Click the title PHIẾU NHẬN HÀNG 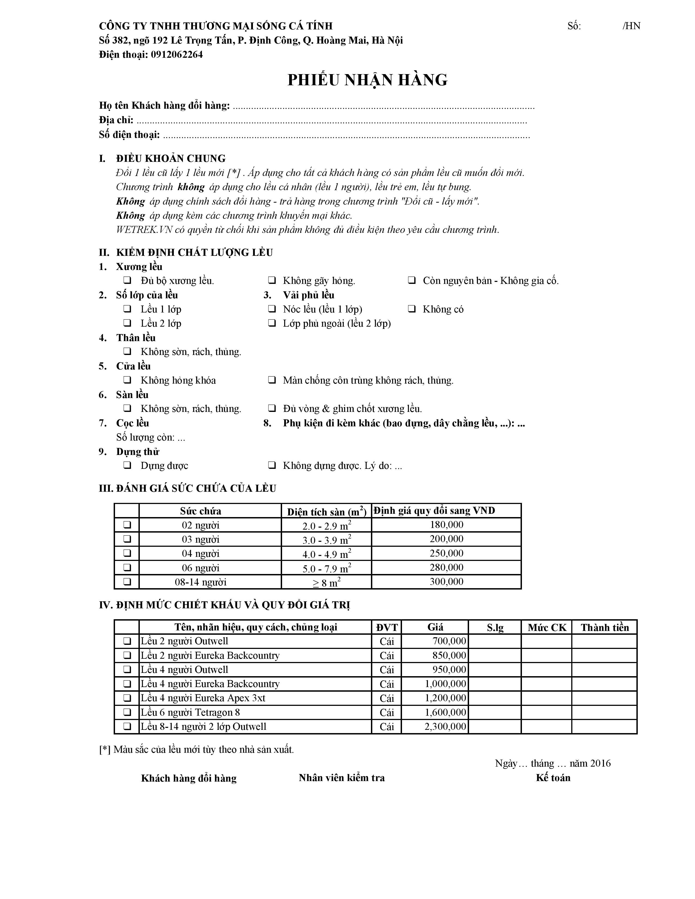pos(367,80)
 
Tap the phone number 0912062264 pos(177,55)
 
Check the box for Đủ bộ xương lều pos(127,280)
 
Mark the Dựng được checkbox pos(127,466)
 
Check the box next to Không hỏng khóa pos(127,380)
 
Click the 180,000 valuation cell pos(446,525)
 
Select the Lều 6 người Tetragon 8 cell pos(190,712)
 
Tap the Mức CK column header pos(547,627)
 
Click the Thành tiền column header pos(605,627)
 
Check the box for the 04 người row pos(127,553)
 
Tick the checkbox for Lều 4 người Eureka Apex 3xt pos(127,698)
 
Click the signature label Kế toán pos(553,777)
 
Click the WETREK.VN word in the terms pos(144,230)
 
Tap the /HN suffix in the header pos(631,26)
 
